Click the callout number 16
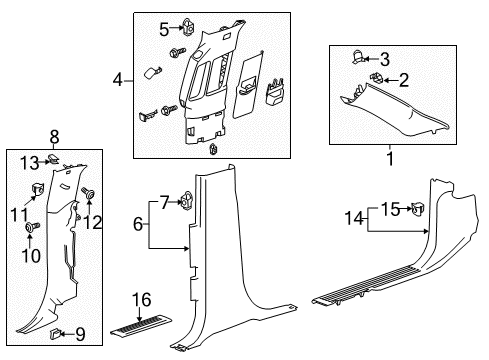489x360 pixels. [x=142, y=300]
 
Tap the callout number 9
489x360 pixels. [x=80, y=334]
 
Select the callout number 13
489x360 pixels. [x=29, y=163]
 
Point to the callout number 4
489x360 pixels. [x=117, y=80]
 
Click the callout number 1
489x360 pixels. [x=390, y=159]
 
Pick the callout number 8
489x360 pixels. [x=54, y=137]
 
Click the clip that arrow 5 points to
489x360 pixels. [x=188, y=26]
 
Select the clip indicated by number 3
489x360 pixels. [x=358, y=56]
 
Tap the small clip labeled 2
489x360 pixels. [x=376, y=78]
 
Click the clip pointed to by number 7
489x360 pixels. [x=187, y=201]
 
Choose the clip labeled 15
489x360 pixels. [x=417, y=209]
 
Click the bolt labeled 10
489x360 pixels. [x=32, y=227]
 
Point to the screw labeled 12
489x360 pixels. [x=88, y=193]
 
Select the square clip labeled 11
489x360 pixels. [x=37, y=189]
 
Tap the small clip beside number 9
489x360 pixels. [x=55, y=334]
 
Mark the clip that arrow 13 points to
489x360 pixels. [x=53, y=159]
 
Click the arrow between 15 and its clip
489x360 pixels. [x=405, y=209]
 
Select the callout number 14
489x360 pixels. [x=354, y=218]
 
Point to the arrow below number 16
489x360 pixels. [x=139, y=315]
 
